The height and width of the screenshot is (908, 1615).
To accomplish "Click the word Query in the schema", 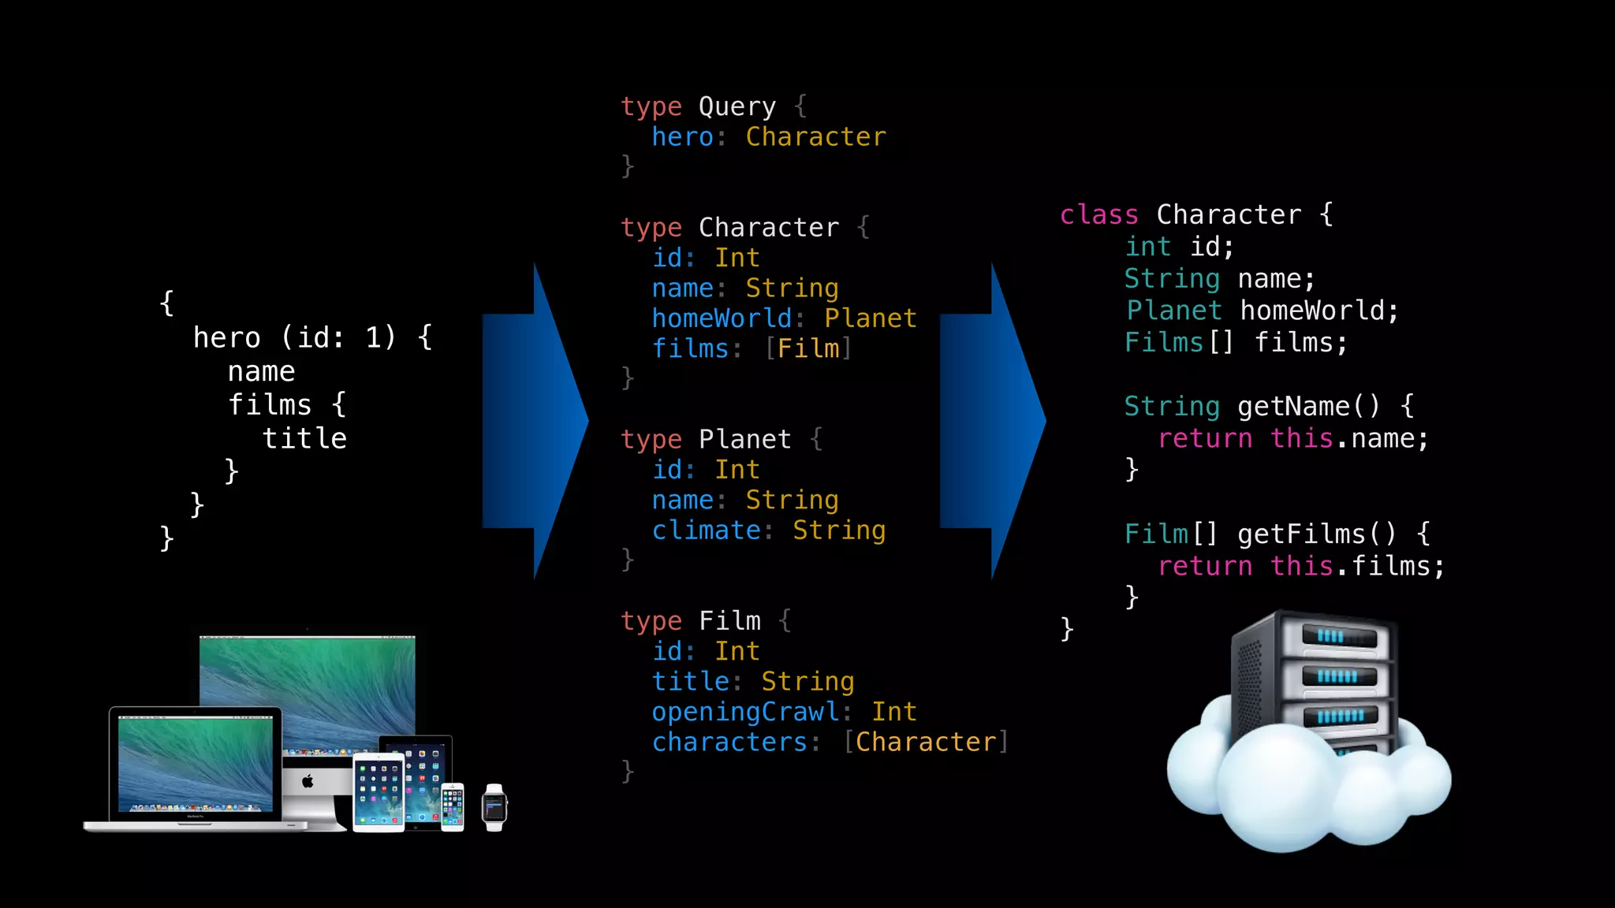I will [x=737, y=106].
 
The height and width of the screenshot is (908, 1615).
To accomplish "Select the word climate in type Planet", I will [x=706, y=530].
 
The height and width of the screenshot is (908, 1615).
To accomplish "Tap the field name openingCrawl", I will [x=745, y=712].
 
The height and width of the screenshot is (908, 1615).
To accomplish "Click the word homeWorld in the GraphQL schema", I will [x=722, y=318].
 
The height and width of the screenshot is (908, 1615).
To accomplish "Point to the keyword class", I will [x=1098, y=214].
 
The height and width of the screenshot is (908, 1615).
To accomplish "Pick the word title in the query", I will [x=304, y=438].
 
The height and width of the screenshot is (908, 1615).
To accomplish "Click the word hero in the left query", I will [x=226, y=338].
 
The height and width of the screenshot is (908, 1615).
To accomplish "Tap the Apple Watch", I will [x=494, y=808].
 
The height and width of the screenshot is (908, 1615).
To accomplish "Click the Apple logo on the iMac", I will [x=308, y=781].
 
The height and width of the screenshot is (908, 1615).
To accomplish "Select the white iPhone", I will [x=453, y=807].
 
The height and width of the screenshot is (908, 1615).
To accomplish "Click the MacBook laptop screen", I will [x=195, y=763].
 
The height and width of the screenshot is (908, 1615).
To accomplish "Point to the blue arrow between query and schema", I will [x=536, y=422].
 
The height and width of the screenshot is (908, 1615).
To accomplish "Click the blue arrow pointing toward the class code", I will [x=994, y=422].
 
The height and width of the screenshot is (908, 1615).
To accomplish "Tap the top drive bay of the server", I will [x=1339, y=636].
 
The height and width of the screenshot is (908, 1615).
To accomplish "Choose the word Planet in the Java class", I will [x=1173, y=311].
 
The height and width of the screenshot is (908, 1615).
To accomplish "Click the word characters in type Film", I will [x=729, y=742].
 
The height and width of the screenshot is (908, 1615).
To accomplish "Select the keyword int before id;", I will [x=1148, y=247].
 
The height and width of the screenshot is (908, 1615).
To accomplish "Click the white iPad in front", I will [x=379, y=792].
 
